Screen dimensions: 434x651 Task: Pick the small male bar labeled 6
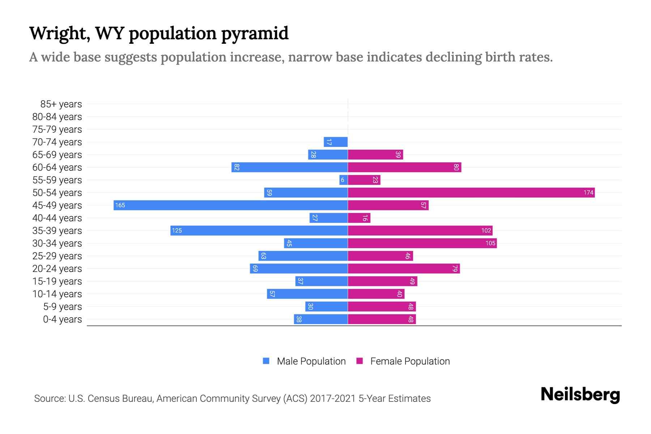click(343, 180)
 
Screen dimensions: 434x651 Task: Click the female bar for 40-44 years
click(359, 218)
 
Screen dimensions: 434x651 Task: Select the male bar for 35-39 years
click(259, 230)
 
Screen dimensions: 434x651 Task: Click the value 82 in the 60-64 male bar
click(237, 167)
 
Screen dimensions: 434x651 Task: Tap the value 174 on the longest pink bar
click(588, 192)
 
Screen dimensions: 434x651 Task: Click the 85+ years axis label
click(61, 104)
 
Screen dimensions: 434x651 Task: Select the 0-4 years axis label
click(62, 319)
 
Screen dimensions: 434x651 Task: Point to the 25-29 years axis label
click(57, 256)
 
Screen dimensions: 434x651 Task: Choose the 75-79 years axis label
click(57, 129)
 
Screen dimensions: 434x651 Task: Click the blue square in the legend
click(266, 361)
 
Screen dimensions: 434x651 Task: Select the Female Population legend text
click(410, 361)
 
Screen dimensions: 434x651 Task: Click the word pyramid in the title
click(255, 33)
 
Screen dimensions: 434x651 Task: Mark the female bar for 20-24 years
click(403, 268)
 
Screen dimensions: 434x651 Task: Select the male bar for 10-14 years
click(307, 294)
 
